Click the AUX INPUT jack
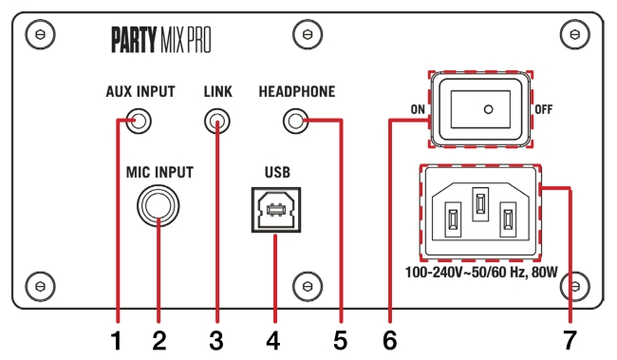click(140, 122)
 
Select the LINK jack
click(218, 122)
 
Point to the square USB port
click(275, 210)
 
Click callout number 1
click(115, 339)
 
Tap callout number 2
click(159, 339)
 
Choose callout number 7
click(570, 339)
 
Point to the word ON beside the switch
click(417, 109)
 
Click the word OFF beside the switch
click(544, 109)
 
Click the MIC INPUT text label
click(159, 173)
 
